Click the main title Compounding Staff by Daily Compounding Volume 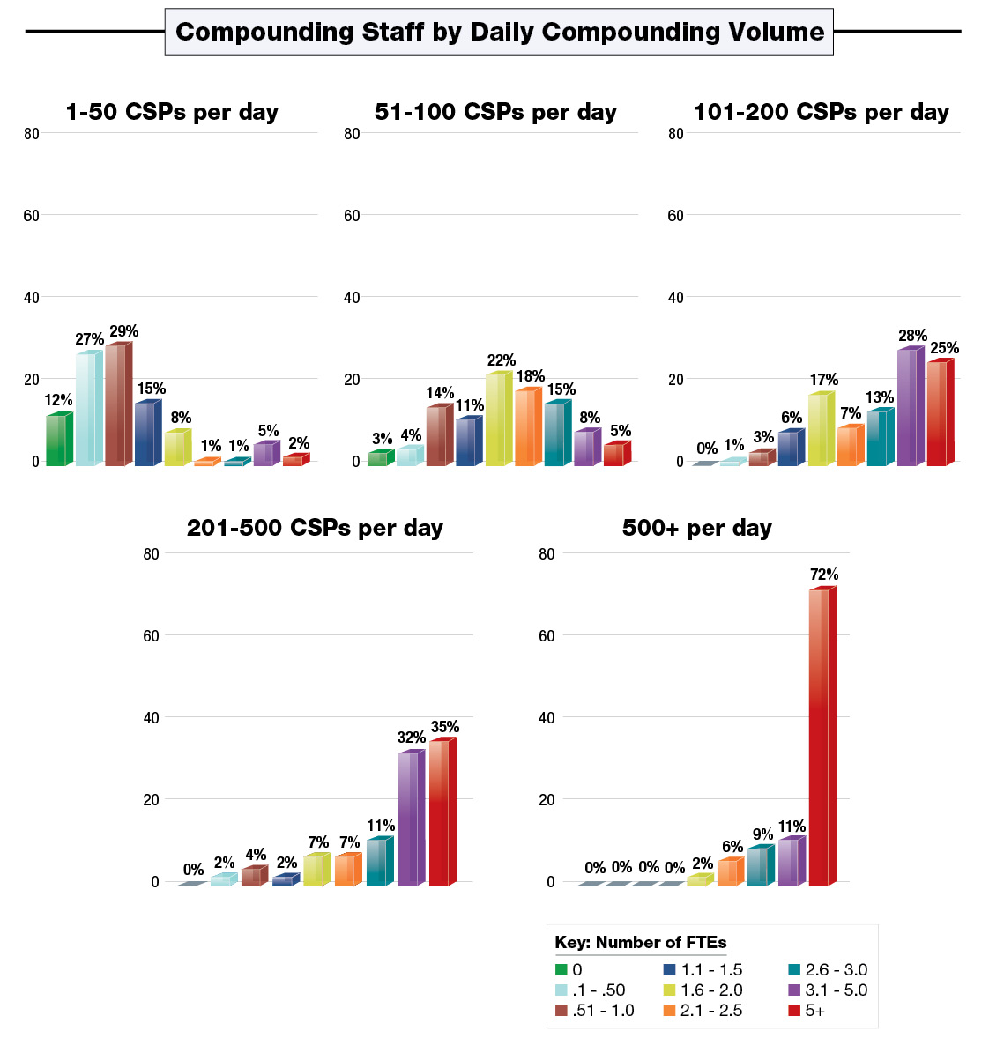point(499,33)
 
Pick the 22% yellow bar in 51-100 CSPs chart point(496,419)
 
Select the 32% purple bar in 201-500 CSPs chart point(409,819)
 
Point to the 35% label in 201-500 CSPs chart point(444,727)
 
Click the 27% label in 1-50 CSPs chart point(89,339)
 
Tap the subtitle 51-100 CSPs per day point(495,112)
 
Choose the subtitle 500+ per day point(696,528)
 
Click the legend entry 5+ point(814,1011)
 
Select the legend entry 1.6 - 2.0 point(711,990)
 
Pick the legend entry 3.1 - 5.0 point(836,990)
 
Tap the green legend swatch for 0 point(561,970)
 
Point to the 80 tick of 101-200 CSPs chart point(675,134)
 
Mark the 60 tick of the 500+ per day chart point(547,635)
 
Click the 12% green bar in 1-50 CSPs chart point(56,440)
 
